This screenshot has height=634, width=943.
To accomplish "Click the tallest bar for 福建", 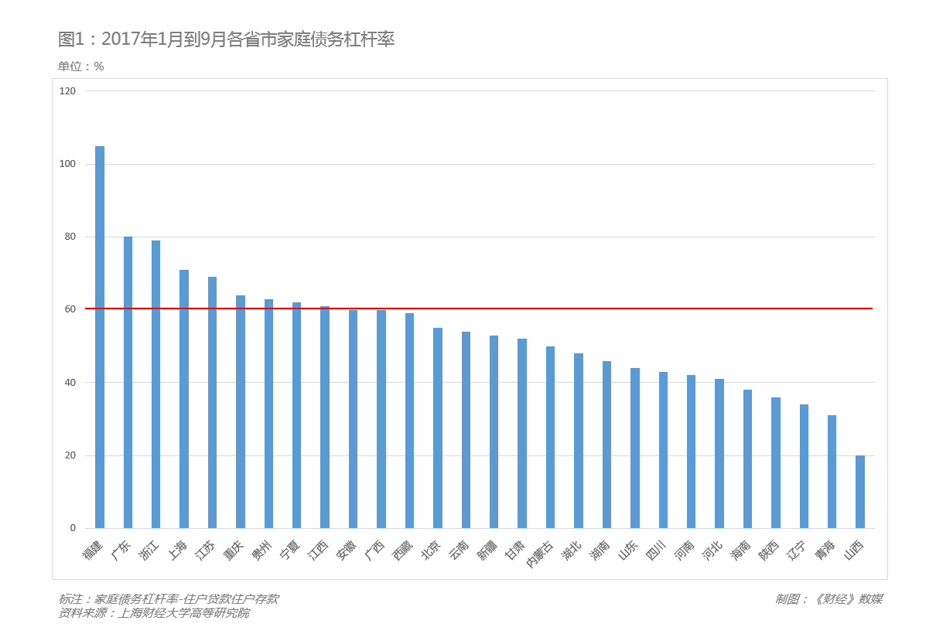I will click(100, 337).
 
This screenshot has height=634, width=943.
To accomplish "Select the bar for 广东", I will click(128, 383).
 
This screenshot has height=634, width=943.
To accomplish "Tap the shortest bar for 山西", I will click(860, 492).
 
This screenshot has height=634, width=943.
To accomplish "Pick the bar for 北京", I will click(438, 428).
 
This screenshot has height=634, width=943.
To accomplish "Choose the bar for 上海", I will click(184, 399).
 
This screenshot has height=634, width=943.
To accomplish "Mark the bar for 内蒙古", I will click(550, 438).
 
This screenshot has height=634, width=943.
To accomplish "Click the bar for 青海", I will click(832, 472).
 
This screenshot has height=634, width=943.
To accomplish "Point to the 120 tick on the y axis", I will click(68, 91).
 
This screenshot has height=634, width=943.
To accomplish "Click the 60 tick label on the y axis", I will click(70, 309).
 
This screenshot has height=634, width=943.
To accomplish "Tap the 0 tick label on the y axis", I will click(73, 528).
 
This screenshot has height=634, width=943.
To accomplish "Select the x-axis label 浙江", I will click(149, 550).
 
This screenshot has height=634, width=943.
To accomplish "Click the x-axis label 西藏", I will click(403, 550).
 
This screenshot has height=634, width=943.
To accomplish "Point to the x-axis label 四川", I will click(656, 550).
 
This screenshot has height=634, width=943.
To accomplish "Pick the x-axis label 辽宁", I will click(797, 550).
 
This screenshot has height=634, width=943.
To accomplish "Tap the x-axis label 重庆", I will click(234, 550).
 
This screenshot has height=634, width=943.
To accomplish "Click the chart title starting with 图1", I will click(226, 39).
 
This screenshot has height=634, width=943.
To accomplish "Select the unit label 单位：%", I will click(81, 66).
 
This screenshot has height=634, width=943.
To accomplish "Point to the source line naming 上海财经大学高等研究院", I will click(154, 613).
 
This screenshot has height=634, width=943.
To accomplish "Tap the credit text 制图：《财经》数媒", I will click(829, 599).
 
